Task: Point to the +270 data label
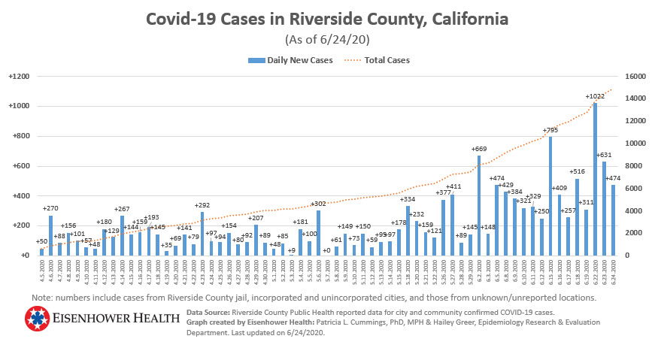pos(51,208)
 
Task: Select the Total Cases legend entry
pos(384,60)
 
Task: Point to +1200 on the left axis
pos(18,77)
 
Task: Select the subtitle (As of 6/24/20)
pos(326,39)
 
